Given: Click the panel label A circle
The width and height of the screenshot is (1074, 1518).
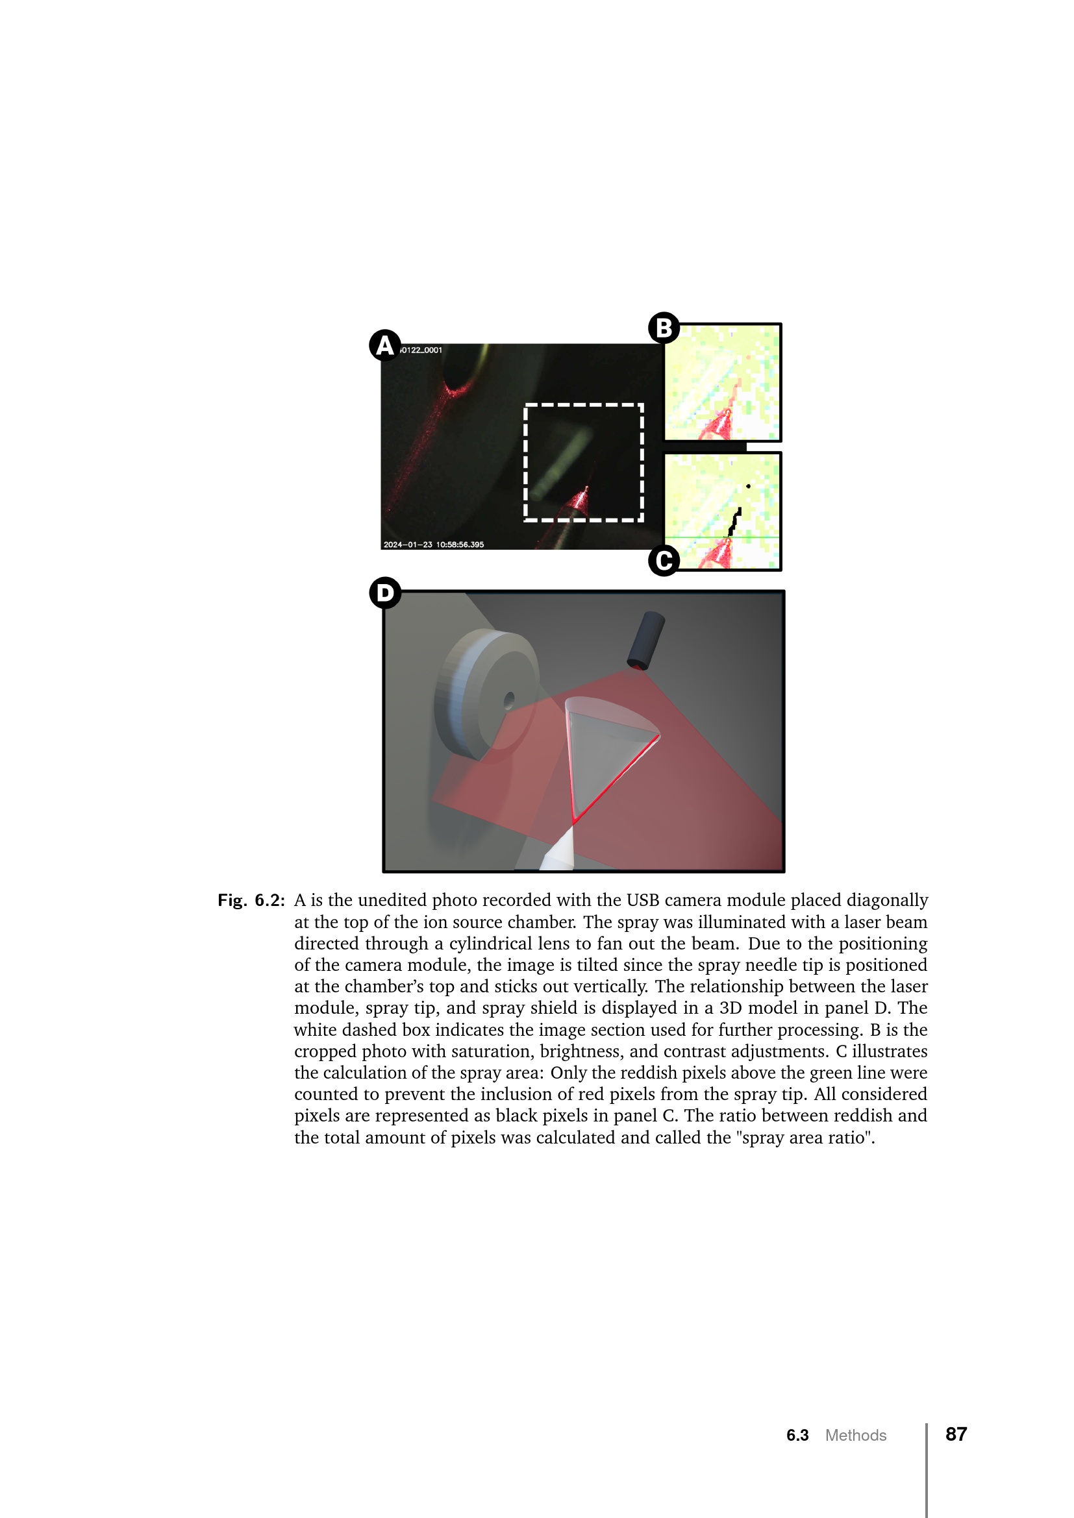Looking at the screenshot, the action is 385,345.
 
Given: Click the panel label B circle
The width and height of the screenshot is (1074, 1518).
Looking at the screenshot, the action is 664,328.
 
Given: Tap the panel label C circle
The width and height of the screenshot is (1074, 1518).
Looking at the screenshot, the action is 664,561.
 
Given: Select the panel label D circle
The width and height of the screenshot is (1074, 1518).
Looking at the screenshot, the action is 385,593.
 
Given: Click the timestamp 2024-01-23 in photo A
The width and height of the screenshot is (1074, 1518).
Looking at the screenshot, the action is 407,545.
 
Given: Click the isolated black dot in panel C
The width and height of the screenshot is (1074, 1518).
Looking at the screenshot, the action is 748,487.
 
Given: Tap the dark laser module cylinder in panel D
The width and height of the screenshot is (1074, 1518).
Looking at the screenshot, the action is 645,640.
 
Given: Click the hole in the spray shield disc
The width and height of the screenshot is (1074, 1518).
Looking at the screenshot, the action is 508,700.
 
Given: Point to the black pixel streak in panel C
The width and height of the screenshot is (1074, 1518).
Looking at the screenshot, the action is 734,522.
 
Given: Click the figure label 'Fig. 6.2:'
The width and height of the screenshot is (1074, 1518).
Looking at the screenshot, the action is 251,901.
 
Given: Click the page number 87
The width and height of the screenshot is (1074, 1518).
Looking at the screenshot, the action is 956,1434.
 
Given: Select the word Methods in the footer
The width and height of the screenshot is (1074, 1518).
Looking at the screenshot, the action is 856,1436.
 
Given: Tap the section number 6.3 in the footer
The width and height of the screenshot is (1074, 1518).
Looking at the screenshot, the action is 797,1436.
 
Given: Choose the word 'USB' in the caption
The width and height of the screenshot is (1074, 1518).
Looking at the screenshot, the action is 642,901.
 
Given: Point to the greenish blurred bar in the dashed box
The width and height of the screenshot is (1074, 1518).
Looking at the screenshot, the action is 560,464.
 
